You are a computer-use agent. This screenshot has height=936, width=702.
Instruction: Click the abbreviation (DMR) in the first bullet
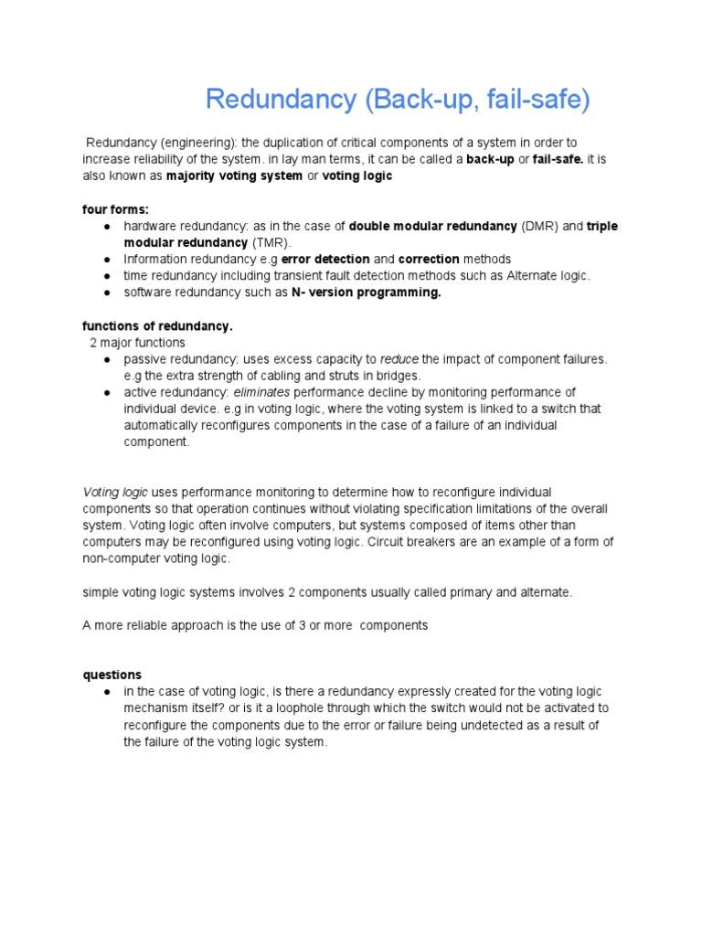(x=540, y=226)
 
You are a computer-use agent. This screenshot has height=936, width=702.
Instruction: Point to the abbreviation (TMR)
(x=271, y=242)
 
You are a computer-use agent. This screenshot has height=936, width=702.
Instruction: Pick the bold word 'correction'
(x=429, y=260)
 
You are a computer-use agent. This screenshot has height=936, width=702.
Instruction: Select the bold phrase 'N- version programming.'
(x=359, y=292)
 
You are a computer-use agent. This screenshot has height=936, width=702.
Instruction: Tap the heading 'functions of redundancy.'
(x=158, y=325)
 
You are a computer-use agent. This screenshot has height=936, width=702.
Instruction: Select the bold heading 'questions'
(x=112, y=675)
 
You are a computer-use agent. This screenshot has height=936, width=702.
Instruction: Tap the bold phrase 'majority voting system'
(x=234, y=175)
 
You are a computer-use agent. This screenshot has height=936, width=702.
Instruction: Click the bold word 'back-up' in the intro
(x=490, y=159)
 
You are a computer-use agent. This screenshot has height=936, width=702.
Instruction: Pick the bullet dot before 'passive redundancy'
(x=108, y=359)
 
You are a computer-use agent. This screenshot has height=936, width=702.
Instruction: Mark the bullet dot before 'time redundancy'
(x=108, y=276)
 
